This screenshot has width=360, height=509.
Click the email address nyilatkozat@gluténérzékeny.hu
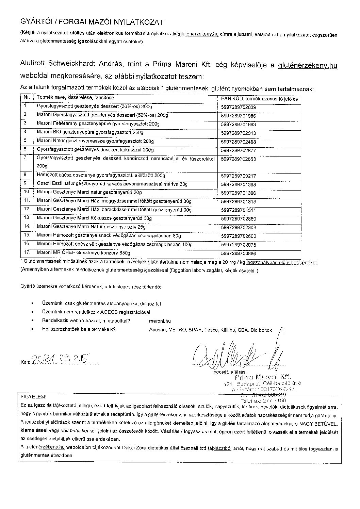pyautogui.click(x=184, y=34)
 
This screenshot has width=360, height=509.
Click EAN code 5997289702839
pyautogui.click(x=238, y=108)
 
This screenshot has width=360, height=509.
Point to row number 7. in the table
pyautogui.click(x=26, y=158)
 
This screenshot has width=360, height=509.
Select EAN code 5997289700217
pyautogui.click(x=238, y=176)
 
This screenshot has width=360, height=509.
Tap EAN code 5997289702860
pyautogui.click(x=238, y=219)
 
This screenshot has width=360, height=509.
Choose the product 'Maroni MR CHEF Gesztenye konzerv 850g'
pyautogui.click(x=83, y=253)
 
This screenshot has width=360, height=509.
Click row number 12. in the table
pyautogui.click(x=27, y=209)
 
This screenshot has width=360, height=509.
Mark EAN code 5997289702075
pyautogui.click(x=238, y=245)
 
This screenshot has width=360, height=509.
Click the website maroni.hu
pyautogui.click(x=160, y=321)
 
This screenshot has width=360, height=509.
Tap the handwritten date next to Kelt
pyautogui.click(x=61, y=359)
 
